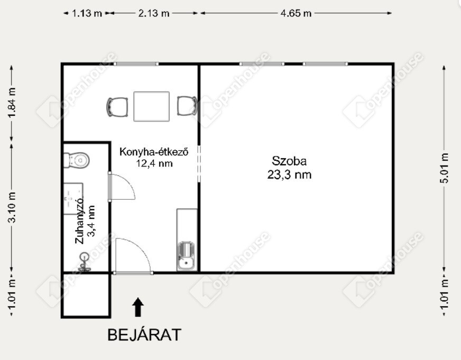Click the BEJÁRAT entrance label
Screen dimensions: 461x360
tap(144, 335)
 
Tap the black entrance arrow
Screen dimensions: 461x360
tap(138, 307)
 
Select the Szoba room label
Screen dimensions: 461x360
tap(289, 161)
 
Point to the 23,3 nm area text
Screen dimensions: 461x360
tap(289, 175)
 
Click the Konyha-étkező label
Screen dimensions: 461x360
tap(153, 152)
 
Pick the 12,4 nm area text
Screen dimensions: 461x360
tap(154, 163)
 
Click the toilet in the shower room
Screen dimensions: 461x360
tap(77, 160)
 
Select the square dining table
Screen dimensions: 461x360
tap(151, 106)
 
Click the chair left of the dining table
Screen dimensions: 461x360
tap(117, 107)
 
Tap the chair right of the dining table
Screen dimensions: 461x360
tap(187, 106)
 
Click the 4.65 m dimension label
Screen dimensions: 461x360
tap(296, 13)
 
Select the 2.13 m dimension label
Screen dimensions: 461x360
tap(154, 13)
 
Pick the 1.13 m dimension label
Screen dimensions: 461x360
tap(87, 13)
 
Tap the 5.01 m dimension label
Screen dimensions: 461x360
tap(445, 168)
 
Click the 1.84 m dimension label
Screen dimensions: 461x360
tap(12, 103)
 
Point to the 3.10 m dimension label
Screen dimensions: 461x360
tap(12, 207)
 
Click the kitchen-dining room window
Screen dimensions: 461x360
tap(136, 64)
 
